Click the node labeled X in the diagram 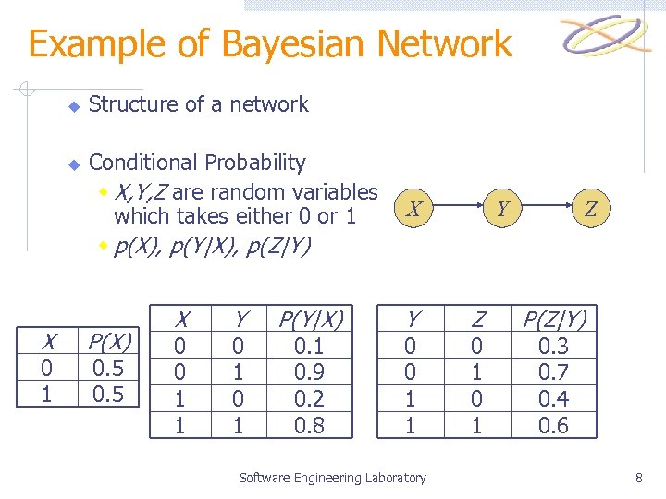coord(416,210)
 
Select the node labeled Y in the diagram coord(502,210)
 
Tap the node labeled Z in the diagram coord(589,210)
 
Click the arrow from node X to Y coord(459,210)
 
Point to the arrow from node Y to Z coord(546,210)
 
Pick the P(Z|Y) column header coord(555,320)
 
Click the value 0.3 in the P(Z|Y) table coord(555,347)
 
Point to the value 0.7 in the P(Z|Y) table coord(555,372)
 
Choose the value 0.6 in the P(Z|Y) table coord(555,425)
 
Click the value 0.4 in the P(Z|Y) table coord(555,399)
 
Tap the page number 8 coord(638,478)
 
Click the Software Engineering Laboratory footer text coord(333,478)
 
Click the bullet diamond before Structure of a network coord(74,106)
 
